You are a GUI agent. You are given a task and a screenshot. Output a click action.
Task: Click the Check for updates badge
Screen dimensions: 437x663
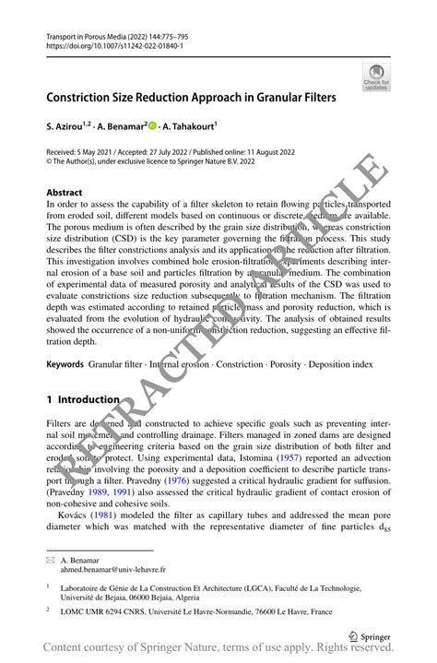[375, 77]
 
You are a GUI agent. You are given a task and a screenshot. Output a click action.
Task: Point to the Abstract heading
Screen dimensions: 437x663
[64, 193]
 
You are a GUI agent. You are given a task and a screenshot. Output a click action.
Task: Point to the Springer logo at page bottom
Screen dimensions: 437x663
[372, 634]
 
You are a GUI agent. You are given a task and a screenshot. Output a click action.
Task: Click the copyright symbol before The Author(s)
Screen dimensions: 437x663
[49, 159]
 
